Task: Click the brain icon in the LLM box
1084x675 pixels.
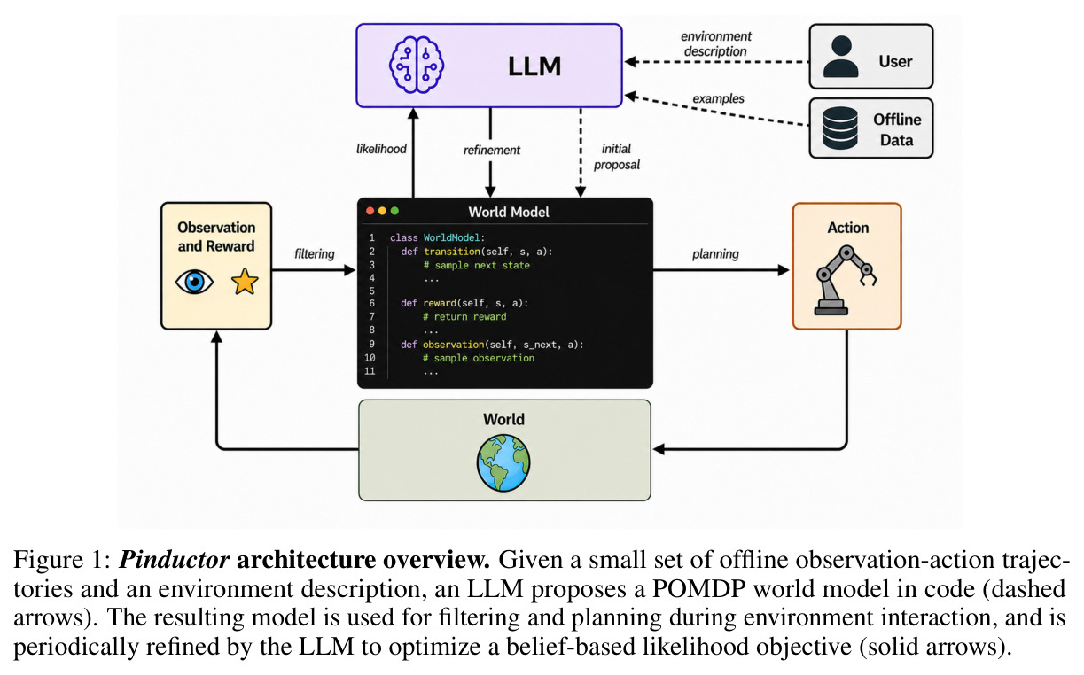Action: pos(417,65)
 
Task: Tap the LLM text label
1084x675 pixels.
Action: pos(534,66)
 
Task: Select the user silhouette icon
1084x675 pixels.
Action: pos(841,57)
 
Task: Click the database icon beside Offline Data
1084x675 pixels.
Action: pos(840,128)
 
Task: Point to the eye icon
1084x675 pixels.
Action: pos(194,282)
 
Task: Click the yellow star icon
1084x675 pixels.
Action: pos(245,282)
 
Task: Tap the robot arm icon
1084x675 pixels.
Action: pos(845,281)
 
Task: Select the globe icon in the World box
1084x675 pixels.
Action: pos(503,462)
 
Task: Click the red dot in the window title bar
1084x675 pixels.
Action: pos(370,211)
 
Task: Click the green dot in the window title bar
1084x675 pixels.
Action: pos(395,211)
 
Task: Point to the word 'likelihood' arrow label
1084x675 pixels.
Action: pos(381,149)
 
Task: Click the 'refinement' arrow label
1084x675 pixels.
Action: pos(492,151)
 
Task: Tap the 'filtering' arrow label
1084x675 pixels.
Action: pos(315,254)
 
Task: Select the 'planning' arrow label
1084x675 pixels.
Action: pos(715,254)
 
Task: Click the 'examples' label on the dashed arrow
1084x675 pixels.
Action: pos(718,98)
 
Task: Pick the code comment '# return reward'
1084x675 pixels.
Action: pos(464,317)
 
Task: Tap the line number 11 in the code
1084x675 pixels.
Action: pos(370,371)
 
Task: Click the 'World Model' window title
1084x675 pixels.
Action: pos(509,213)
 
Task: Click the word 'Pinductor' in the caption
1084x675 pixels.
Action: pos(175,560)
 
